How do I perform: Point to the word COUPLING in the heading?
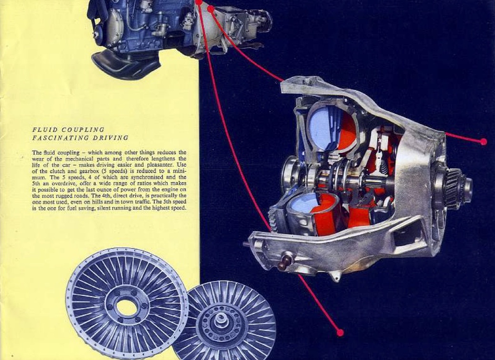[83, 130]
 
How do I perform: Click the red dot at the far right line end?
[483, 141]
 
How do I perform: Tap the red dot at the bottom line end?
[340, 332]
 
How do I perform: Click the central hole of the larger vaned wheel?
[126, 307]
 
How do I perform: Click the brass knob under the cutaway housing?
[286, 261]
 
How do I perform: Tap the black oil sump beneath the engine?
[126, 65]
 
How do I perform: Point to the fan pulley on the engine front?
[99, 32]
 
